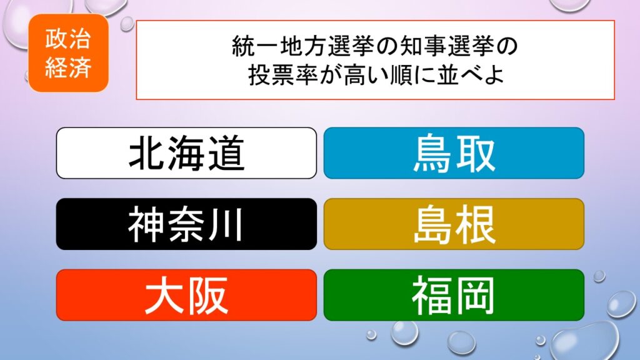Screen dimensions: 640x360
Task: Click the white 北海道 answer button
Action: point(186,153)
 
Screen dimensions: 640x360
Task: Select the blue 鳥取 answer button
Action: point(454,153)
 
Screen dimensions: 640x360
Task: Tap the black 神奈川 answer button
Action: point(186,224)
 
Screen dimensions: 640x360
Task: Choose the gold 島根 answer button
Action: point(454,224)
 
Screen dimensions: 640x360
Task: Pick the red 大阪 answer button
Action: point(186,295)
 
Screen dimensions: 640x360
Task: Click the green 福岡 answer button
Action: point(454,295)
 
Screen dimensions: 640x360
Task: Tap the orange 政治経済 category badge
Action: point(68,52)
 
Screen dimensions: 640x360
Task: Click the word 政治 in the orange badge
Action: point(68,39)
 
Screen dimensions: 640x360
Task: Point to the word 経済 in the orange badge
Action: point(68,67)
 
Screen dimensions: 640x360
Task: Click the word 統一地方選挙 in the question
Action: point(302,46)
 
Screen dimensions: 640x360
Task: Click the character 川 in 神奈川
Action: point(226,224)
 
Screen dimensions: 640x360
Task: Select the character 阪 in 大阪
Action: point(208,295)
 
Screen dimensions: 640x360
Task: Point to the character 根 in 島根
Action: point(476,224)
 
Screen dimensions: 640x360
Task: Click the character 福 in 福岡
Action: point(432,295)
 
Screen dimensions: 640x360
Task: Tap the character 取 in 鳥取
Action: point(476,153)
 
